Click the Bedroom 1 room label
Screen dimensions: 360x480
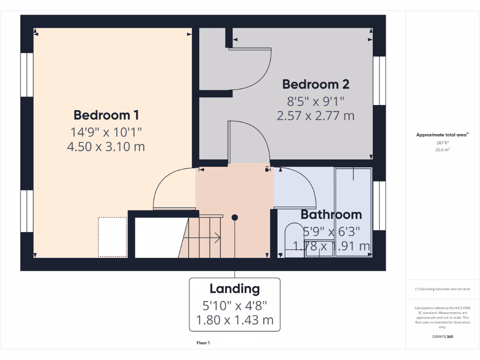[x=106, y=115]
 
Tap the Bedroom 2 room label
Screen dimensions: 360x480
[x=315, y=84]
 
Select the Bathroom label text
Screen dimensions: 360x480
[x=331, y=215]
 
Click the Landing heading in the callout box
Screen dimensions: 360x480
[x=234, y=289]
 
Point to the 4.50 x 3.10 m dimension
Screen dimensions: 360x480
[x=106, y=147]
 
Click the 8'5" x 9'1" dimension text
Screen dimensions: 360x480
[x=315, y=100]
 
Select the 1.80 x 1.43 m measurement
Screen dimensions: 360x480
[x=234, y=321]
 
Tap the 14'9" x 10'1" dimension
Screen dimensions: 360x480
[x=106, y=131]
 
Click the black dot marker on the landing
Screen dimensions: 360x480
[x=235, y=217]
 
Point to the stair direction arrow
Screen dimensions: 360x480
[x=217, y=238]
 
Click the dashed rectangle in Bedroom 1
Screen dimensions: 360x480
[x=112, y=237]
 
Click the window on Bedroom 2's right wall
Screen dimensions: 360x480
[x=379, y=80]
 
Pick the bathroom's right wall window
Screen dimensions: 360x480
[x=379, y=205]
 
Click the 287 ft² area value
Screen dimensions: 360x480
[x=443, y=142]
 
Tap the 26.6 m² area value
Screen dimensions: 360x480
[x=443, y=150]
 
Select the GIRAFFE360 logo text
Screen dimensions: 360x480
[x=443, y=337]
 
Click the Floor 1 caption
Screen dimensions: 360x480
[x=203, y=343]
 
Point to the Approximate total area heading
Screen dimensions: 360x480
[x=442, y=135]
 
